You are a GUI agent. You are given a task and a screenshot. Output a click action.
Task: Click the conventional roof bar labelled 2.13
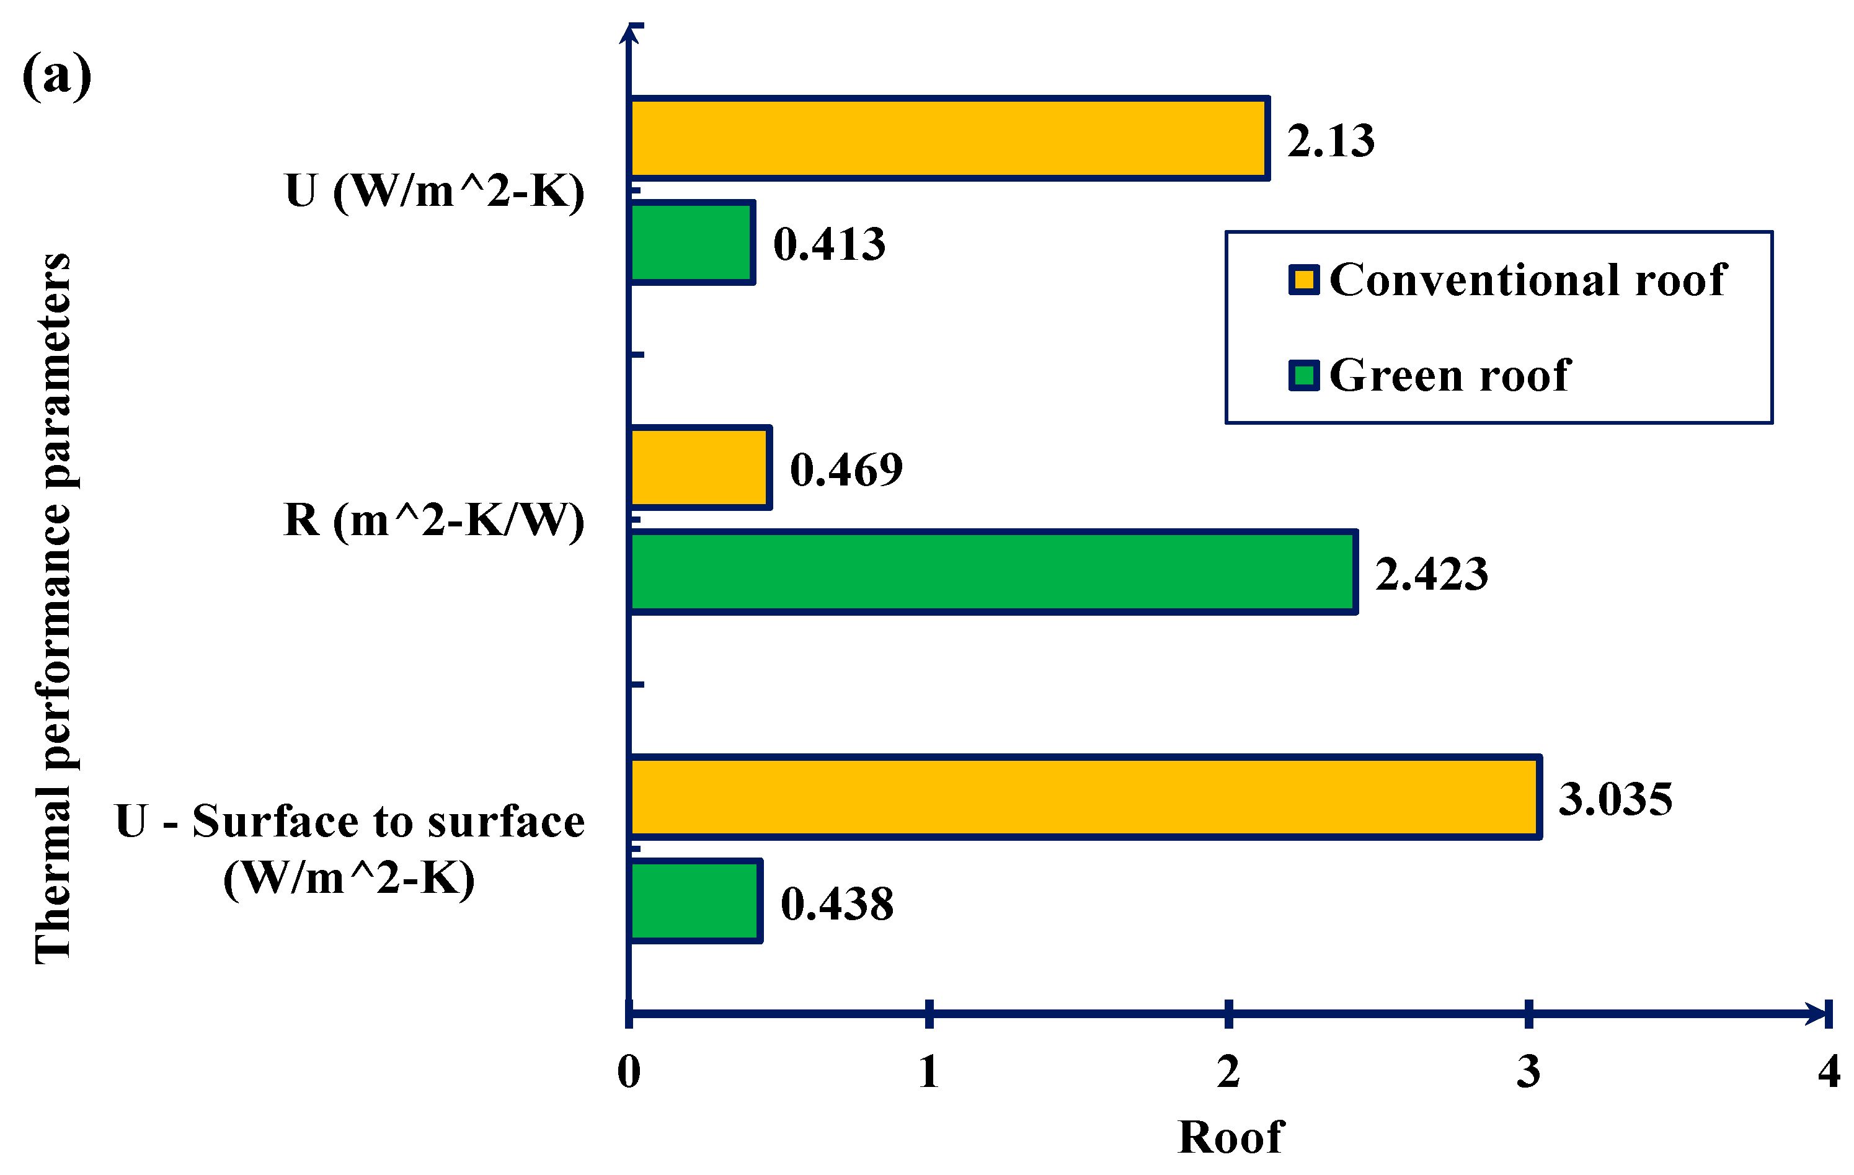[949, 139]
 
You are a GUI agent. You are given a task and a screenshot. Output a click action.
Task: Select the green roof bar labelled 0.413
[691, 243]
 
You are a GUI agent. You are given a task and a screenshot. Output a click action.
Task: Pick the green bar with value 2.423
[993, 573]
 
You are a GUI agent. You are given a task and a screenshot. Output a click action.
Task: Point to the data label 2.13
[1331, 141]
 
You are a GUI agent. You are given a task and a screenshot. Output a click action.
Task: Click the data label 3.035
[1615, 799]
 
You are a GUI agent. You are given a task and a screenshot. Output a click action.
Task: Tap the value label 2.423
[1431, 574]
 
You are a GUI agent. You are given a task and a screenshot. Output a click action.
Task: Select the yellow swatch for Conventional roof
[1303, 280]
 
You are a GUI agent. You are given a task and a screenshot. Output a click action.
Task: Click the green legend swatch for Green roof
[1303, 376]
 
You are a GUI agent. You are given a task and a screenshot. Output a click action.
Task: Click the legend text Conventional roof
[1528, 279]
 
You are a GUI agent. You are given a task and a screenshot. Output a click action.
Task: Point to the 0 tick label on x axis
[629, 1072]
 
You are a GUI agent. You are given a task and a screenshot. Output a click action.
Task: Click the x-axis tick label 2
[1228, 1072]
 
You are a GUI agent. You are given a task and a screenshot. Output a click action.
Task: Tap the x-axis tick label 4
[1829, 1072]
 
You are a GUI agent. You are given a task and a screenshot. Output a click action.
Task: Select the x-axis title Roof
[1230, 1137]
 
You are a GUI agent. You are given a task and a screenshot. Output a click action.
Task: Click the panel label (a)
[57, 76]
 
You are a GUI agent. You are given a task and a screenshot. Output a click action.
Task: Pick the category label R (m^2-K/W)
[434, 520]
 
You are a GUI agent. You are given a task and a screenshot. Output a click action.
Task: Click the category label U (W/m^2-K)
[434, 190]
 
